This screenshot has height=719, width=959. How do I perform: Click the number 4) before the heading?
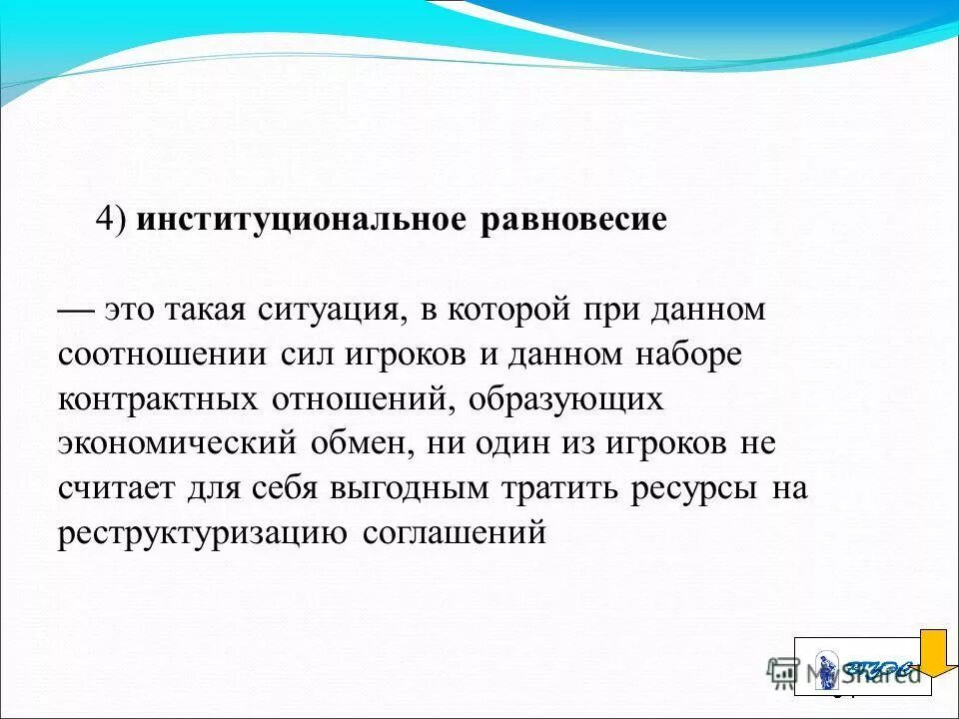pyautogui.click(x=112, y=221)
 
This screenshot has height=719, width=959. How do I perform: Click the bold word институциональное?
pyautogui.click(x=301, y=221)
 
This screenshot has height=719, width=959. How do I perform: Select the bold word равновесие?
pyautogui.click(x=573, y=221)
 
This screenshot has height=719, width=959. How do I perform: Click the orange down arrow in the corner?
pyautogui.click(x=938, y=654)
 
